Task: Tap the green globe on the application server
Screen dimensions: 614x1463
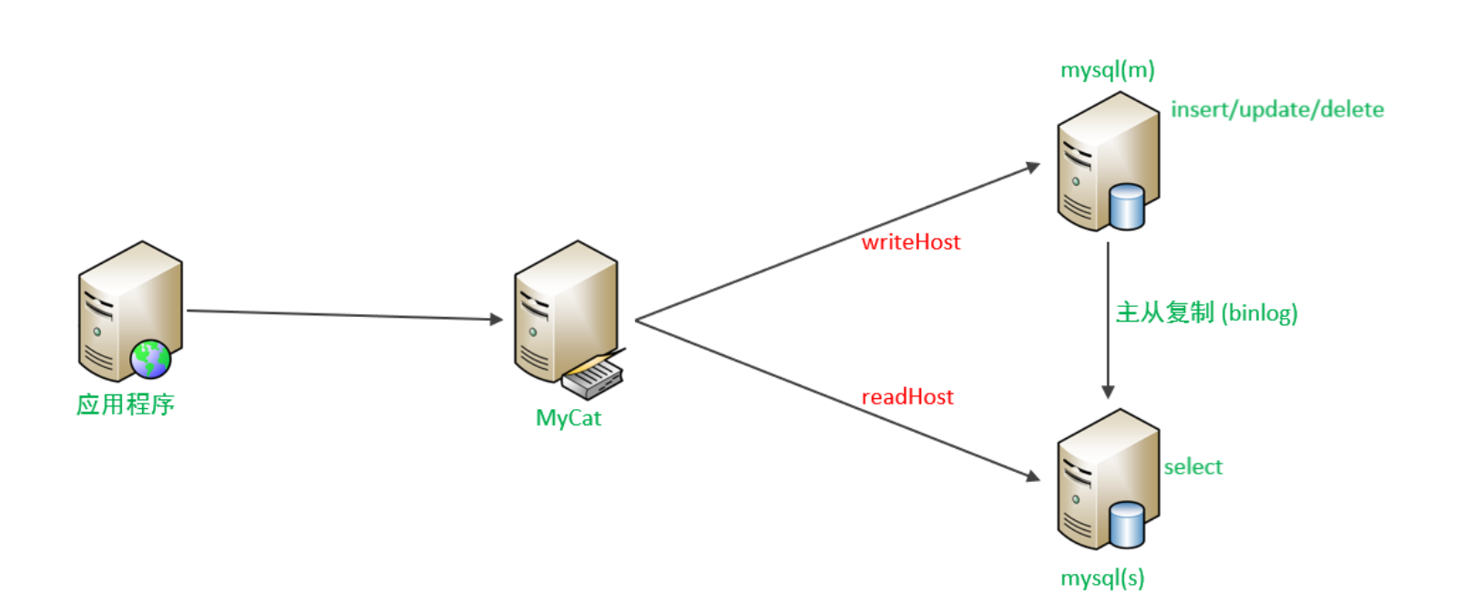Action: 150,359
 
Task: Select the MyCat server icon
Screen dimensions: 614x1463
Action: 565,310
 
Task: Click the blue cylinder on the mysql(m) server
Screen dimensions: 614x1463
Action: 1127,207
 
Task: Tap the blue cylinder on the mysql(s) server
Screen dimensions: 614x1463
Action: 1127,525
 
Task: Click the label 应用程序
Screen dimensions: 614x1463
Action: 125,404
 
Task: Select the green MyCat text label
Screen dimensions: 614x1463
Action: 568,418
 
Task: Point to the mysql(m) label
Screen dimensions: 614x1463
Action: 1107,70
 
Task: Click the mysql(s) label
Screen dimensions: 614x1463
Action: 1102,578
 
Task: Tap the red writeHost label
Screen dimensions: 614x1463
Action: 911,241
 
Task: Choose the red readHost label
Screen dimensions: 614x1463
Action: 907,396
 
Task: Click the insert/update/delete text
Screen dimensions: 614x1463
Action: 1277,109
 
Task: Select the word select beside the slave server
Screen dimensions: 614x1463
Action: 1192,466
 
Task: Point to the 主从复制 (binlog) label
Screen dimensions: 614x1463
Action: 1206,312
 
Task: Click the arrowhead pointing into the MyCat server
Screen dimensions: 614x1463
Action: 496,319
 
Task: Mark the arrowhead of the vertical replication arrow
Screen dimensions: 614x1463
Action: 1108,392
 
